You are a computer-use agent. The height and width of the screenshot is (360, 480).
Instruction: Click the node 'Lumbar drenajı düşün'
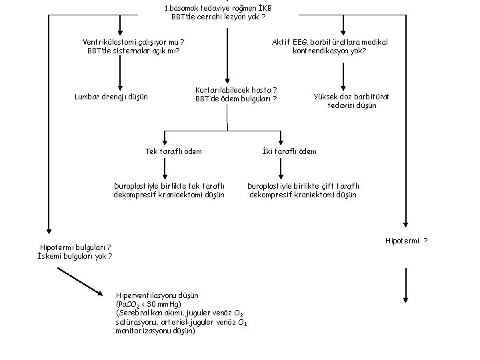pos(111,97)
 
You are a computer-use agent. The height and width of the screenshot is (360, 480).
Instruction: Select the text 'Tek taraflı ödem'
pos(173,151)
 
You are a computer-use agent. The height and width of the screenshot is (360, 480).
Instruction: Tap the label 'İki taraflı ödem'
pos(289,151)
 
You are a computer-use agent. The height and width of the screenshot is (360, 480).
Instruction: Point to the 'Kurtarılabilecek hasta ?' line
pos(236,90)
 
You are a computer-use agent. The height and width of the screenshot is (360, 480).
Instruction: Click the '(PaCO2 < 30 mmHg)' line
pos(149,304)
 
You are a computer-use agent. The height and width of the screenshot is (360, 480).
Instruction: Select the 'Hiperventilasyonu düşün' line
pos(157,295)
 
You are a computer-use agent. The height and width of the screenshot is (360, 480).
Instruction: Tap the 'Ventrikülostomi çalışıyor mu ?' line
pos(133,42)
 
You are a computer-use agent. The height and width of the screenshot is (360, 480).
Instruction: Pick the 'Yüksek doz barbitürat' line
pos(351,97)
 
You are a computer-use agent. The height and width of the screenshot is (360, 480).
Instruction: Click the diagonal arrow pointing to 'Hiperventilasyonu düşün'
pos(80,281)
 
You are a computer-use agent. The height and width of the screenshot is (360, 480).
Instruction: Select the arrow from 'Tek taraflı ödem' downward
pos(165,169)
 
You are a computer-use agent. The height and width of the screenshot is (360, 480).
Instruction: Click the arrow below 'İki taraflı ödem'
pos(281,169)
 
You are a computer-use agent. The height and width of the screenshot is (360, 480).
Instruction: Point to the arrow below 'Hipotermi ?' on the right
pos(405,285)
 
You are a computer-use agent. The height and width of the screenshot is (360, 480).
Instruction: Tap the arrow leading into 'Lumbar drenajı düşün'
pos(120,73)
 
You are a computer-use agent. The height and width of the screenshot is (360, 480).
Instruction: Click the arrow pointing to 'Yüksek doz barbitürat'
pos(343,77)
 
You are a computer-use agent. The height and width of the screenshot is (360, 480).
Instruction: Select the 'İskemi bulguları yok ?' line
pos(75,256)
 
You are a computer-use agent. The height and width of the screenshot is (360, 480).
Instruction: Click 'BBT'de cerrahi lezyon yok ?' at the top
pos(218,17)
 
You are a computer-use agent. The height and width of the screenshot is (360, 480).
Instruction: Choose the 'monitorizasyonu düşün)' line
pos(155,331)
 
